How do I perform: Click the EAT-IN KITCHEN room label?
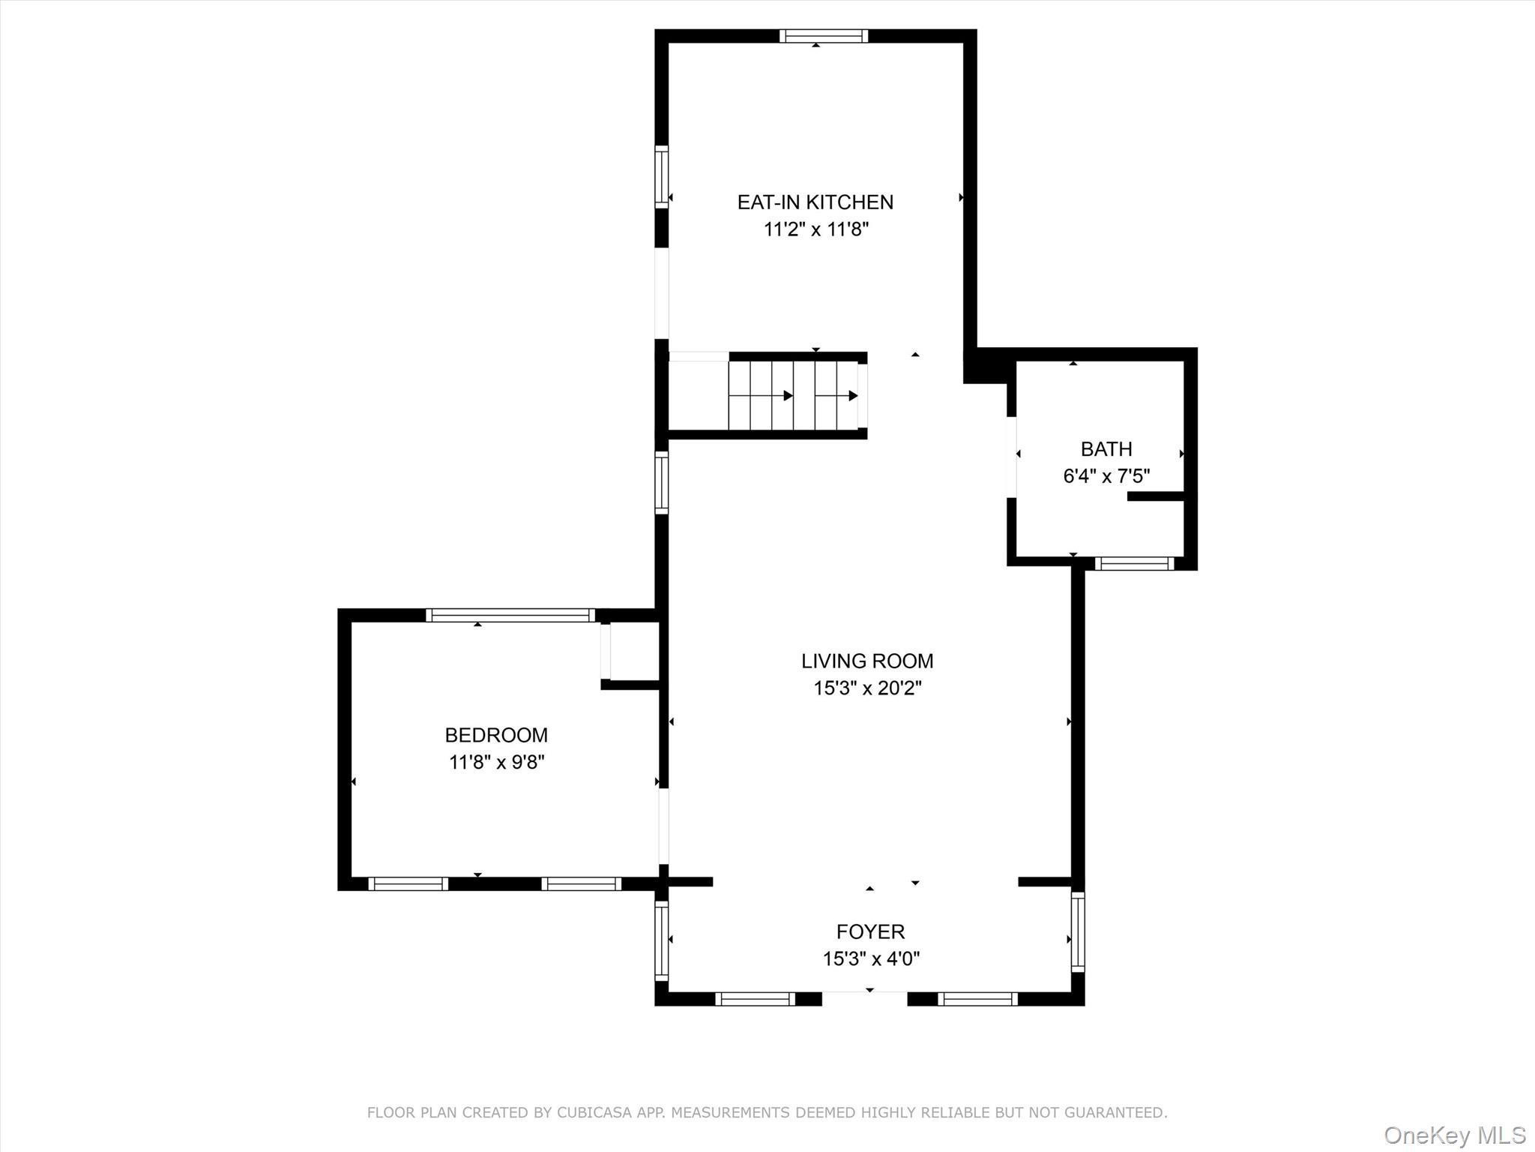[815, 202]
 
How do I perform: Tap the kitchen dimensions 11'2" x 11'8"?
[815, 229]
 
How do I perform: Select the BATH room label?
[1106, 448]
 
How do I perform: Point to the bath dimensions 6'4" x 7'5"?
[1106, 475]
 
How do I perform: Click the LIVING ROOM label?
[866, 661]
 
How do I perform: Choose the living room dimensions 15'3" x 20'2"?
[867, 688]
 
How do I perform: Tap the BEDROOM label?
[496, 735]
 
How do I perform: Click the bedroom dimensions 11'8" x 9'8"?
[496, 762]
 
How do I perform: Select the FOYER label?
[870, 931]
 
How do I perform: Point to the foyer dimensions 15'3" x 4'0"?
[871, 958]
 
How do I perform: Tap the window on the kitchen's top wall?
[823, 36]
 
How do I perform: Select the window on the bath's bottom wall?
[1134, 563]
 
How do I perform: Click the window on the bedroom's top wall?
[510, 615]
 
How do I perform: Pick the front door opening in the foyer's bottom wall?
[864, 998]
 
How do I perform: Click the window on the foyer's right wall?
[1077, 931]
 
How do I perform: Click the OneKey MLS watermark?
[1454, 1134]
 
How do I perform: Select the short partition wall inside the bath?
[1155, 496]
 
